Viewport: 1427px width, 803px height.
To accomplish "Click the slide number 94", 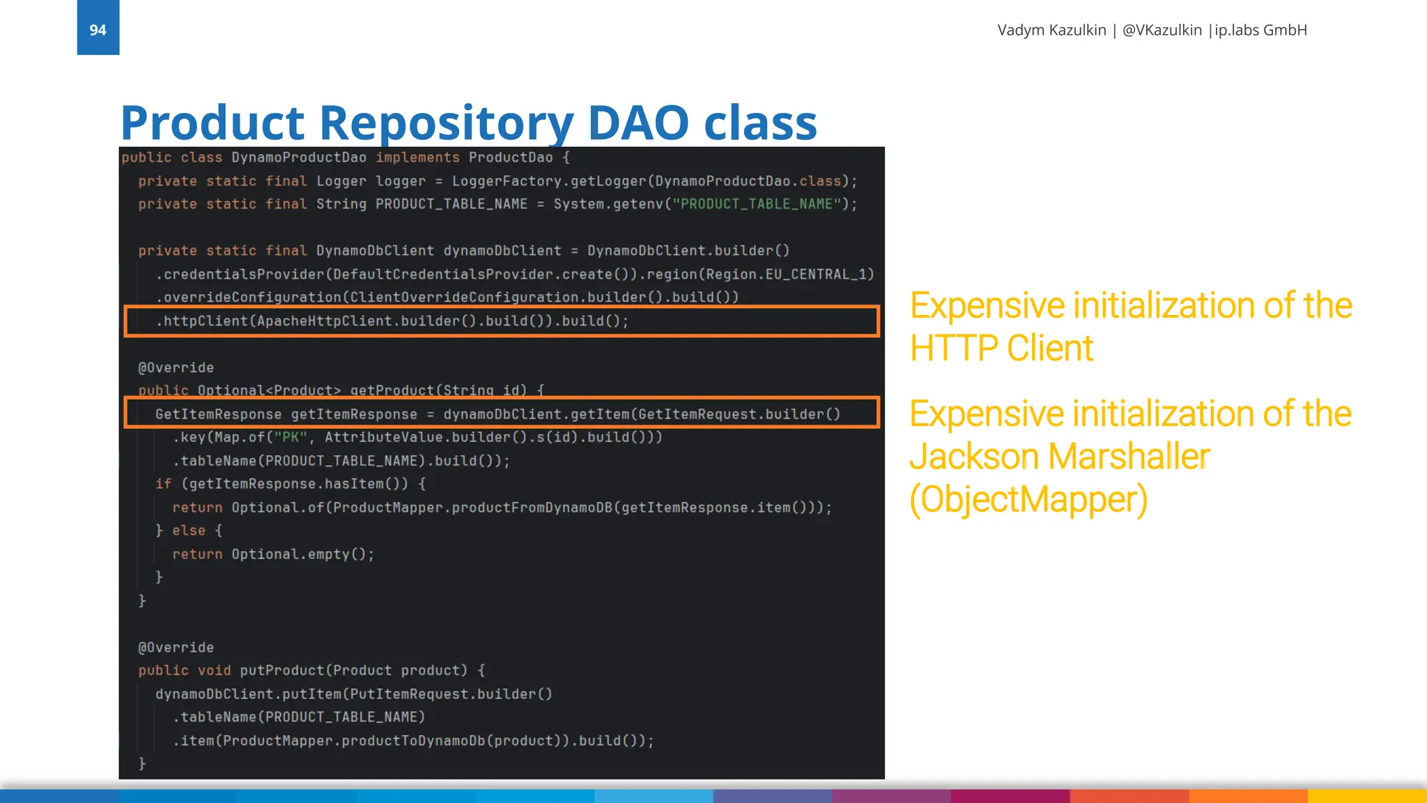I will (98, 30).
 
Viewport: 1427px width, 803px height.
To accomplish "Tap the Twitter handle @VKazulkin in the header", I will (1162, 30).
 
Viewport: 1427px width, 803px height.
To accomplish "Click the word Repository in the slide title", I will (446, 123).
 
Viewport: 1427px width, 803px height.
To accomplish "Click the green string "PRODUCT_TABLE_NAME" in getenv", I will (756, 204).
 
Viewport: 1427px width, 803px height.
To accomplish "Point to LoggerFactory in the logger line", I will (507, 181).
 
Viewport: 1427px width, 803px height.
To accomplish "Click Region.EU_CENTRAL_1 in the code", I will (789, 274).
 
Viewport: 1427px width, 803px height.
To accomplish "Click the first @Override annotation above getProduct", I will (176, 367).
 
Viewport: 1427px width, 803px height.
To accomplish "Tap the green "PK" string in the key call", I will (290, 437).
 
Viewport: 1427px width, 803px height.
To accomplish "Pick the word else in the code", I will (189, 530).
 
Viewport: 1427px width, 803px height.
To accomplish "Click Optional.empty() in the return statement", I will (302, 554).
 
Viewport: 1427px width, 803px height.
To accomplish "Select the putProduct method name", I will (281, 671).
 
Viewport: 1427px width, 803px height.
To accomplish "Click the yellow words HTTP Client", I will (1001, 348).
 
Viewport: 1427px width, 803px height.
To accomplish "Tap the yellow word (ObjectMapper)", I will (1028, 499).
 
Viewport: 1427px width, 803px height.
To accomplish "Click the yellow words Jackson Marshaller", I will (1059, 457).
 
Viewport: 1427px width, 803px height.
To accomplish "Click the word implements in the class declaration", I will (417, 158).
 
